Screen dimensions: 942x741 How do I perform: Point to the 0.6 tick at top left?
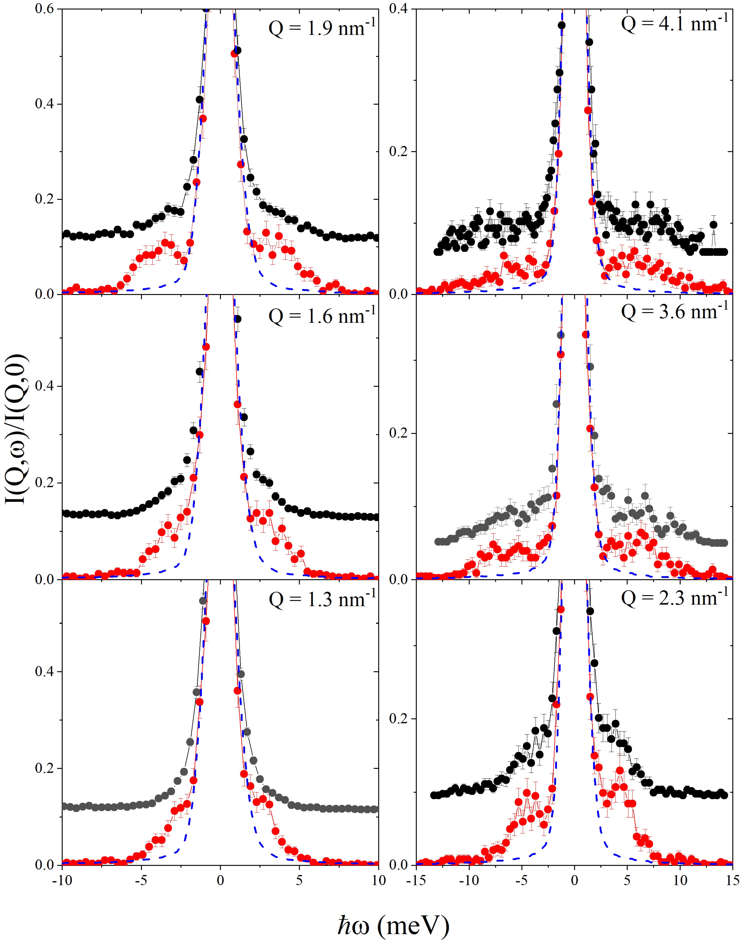44,9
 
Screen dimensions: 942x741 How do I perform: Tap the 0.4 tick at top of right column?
398,9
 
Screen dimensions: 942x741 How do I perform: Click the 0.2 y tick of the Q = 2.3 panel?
398,718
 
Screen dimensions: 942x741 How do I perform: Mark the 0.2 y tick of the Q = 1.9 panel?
44,199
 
